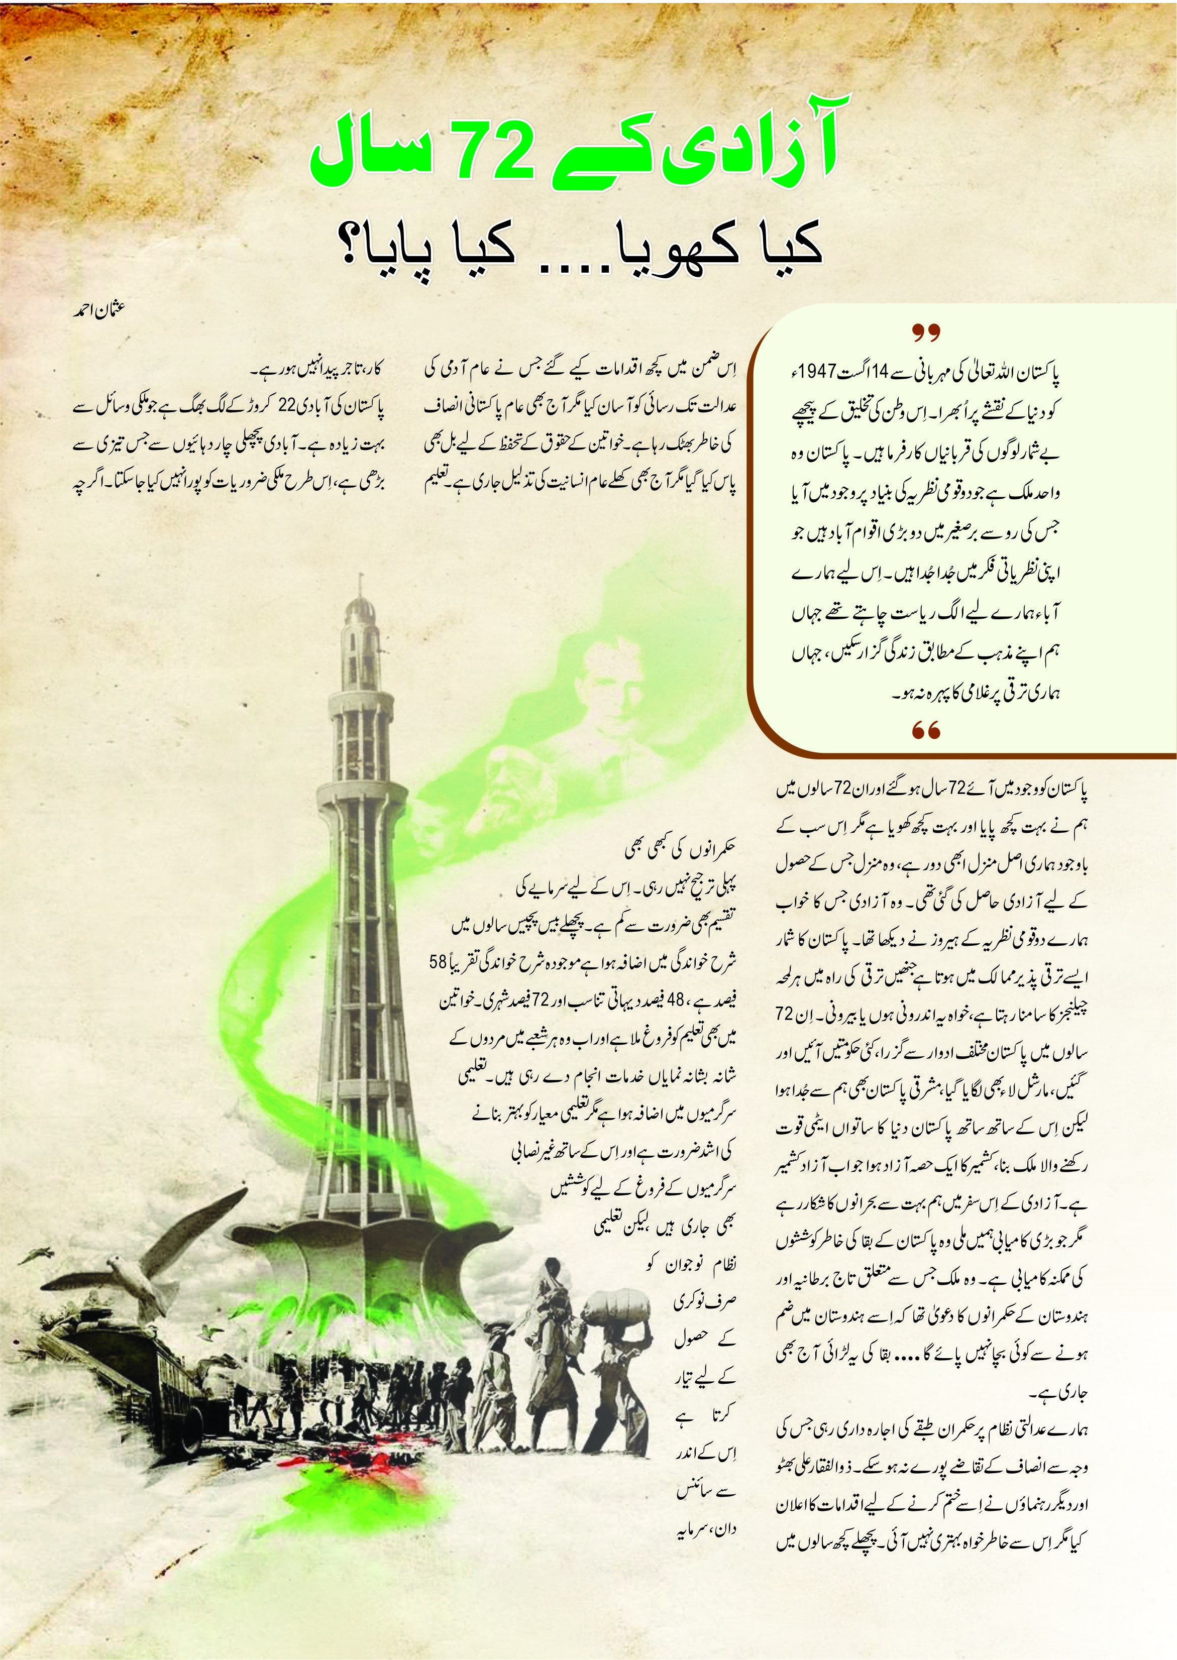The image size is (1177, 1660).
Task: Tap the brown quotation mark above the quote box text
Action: click(x=925, y=334)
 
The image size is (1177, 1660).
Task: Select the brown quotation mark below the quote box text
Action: click(x=925, y=731)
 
